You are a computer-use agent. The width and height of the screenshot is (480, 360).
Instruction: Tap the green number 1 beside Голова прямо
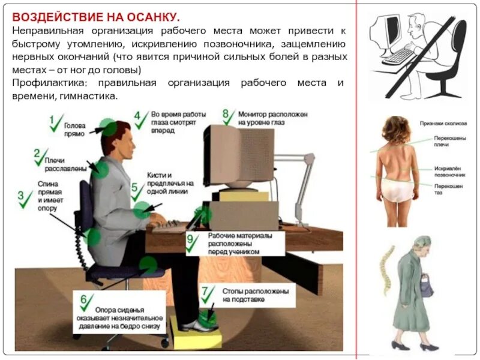(x=52, y=119)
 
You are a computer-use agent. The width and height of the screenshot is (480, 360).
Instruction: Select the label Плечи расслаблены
(x=65, y=164)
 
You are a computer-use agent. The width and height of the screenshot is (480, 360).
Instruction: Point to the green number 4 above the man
(x=137, y=115)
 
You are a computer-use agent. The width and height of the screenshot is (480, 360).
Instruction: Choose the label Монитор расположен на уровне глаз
(x=273, y=118)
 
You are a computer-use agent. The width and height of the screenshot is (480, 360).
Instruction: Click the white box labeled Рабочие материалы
(x=235, y=244)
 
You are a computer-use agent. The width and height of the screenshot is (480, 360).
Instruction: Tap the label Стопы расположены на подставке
(x=256, y=295)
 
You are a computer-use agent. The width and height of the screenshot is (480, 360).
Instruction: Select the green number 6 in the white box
(x=83, y=299)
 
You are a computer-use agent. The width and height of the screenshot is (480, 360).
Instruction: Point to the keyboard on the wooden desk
(x=168, y=227)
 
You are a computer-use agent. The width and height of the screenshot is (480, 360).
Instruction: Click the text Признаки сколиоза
(x=443, y=124)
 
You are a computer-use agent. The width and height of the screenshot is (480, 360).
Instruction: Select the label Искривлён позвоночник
(x=449, y=172)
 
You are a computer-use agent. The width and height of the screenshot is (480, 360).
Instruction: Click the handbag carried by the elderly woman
(x=426, y=286)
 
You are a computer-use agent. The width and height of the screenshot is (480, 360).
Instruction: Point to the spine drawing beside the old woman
(x=386, y=269)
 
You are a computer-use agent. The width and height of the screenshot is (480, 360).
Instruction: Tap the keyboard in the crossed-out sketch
(x=398, y=56)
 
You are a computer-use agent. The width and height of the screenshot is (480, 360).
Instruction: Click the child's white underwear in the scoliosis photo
(x=397, y=190)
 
